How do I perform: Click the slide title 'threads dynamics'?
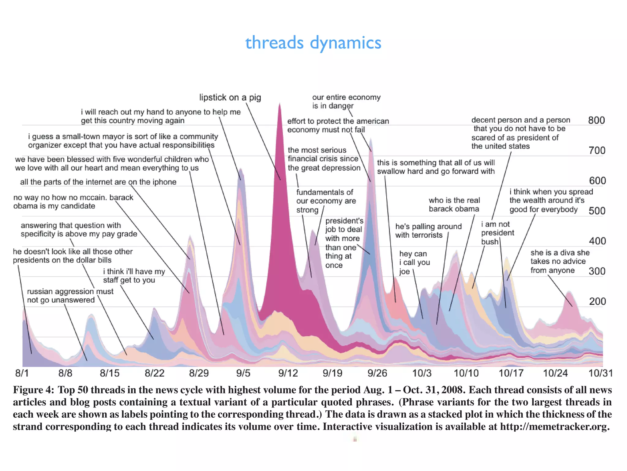tap(313, 42)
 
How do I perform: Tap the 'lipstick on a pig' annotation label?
tap(230, 98)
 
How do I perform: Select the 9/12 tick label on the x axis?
tap(288, 373)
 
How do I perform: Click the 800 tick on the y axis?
tap(596, 120)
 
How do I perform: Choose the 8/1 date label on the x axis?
tap(22, 373)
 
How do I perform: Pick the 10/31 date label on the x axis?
tap(601, 373)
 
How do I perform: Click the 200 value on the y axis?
tap(597, 301)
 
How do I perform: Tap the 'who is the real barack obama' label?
tap(454, 205)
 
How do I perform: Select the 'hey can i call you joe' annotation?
tap(414, 262)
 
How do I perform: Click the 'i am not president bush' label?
tap(497, 233)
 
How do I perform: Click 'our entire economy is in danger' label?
tap(346, 101)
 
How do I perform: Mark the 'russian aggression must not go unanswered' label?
tap(70, 296)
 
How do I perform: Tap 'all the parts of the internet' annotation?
tap(98, 182)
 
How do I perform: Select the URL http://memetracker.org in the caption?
tap(554, 427)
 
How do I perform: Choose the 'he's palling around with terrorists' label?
tap(428, 231)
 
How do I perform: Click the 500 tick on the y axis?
tap(597, 211)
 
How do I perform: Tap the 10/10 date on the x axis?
tap(466, 373)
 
